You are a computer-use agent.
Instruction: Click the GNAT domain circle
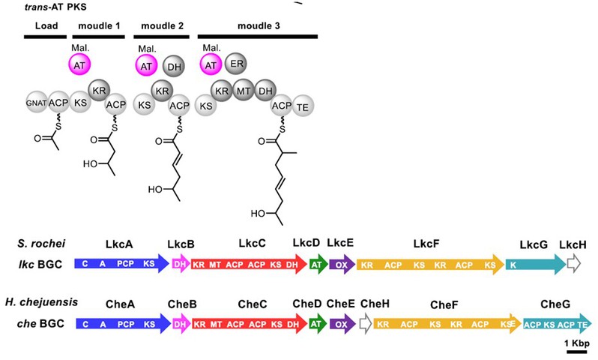37,102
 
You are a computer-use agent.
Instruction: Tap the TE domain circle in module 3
303,107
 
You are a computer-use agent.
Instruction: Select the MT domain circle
244,91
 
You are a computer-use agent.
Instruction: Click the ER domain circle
236,64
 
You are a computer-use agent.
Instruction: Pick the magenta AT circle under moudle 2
146,66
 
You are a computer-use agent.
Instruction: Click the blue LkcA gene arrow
122,263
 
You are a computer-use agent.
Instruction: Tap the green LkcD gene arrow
318,264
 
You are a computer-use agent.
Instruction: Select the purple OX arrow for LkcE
342,264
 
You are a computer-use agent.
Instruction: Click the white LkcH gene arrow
573,264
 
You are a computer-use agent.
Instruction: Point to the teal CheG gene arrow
558,324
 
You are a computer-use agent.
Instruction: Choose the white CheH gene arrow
366,324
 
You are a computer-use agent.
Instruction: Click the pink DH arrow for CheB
181,324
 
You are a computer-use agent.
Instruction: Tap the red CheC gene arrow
250,324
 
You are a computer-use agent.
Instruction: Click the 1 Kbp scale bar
577,351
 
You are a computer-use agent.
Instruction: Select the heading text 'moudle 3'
259,26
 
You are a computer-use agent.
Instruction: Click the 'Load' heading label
46,26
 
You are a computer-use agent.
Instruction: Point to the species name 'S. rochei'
41,243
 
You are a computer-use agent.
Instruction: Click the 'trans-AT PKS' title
55,7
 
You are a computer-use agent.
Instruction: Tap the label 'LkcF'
426,244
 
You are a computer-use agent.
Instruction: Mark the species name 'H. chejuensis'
41,302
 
